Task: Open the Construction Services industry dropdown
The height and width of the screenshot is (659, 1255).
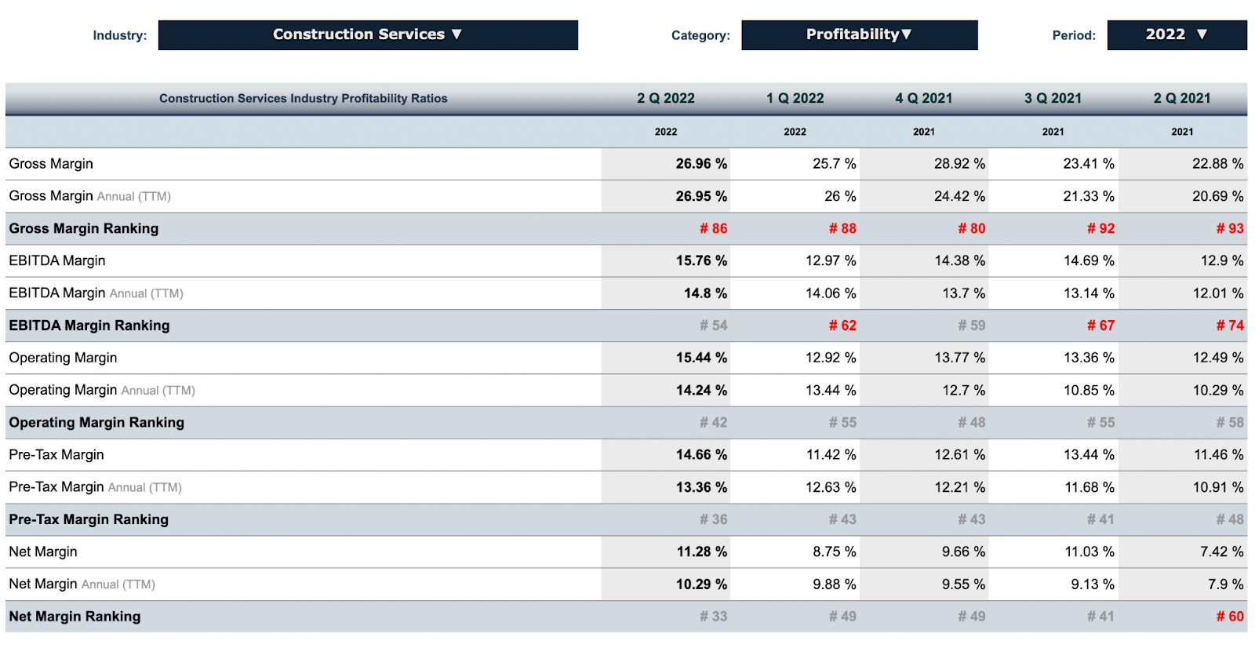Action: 367,35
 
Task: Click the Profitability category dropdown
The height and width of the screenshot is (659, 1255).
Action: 859,35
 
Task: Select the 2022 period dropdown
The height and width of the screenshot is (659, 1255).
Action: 1176,35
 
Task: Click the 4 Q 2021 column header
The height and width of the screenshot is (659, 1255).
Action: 923,98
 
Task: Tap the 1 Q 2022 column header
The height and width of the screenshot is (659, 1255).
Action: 795,98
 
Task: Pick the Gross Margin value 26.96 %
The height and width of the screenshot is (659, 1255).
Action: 701,163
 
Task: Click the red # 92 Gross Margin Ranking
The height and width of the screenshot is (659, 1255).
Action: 1100,228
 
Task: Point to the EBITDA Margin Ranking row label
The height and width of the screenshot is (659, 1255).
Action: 89,325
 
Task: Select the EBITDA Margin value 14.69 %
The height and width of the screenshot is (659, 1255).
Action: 1089,260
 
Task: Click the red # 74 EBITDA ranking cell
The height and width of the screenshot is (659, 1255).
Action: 1229,325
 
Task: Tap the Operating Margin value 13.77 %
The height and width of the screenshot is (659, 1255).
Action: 959,358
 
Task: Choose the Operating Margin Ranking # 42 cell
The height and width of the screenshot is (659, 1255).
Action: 713,422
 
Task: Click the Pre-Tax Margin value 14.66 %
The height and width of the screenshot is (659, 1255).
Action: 701,454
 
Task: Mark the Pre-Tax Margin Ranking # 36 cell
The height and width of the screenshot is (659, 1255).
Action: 713,519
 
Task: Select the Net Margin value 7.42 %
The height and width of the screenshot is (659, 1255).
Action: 1221,552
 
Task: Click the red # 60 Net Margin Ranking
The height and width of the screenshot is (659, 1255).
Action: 1229,616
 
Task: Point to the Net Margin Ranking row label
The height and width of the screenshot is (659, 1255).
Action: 75,616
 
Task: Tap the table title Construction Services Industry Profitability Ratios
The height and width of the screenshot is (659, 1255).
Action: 303,98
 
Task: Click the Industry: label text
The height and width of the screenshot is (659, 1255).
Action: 119,35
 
